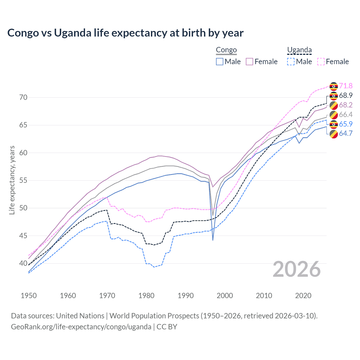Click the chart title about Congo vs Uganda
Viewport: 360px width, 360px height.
point(125,33)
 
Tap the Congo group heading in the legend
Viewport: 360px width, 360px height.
point(226,50)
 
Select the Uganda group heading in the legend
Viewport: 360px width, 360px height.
point(299,50)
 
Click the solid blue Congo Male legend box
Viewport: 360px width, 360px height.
point(220,62)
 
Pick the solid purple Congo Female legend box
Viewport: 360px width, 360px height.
point(249,62)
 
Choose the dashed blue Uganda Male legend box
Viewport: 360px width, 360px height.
point(291,62)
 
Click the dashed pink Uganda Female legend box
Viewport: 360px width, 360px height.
point(321,62)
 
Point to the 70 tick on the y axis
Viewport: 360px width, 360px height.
point(23,98)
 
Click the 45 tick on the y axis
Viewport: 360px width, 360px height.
point(23,236)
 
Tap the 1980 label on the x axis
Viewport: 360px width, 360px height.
point(146,296)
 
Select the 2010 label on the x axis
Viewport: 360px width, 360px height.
point(264,296)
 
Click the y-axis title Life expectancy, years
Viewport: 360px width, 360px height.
point(12,180)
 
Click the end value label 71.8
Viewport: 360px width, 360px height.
point(346,86)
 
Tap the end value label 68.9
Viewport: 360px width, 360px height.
point(346,96)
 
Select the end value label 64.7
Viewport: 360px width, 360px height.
point(346,134)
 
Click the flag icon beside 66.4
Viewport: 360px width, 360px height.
point(334,115)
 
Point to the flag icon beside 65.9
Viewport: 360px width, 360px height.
point(334,124)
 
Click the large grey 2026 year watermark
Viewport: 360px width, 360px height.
point(297,269)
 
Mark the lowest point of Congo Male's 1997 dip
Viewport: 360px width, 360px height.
point(213,240)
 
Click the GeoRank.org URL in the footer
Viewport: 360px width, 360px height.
point(81,327)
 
